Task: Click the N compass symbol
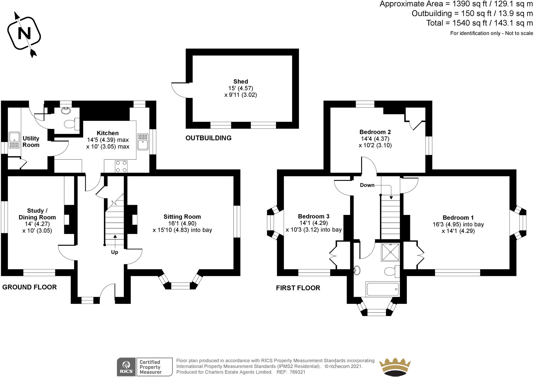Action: (24, 34)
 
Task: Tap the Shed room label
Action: (241, 82)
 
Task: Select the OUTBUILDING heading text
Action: (208, 138)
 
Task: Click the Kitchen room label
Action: (108, 133)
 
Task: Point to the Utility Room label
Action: (31, 142)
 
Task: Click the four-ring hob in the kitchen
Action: (121, 166)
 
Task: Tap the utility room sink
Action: (14, 140)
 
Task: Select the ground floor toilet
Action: (72, 124)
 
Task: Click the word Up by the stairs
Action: (114, 252)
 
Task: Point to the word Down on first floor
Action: (367, 185)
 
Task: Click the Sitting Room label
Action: (182, 217)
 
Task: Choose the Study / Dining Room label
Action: (37, 214)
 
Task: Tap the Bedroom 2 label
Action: (375, 132)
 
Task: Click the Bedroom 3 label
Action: (314, 216)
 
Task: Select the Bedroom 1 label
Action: (458, 218)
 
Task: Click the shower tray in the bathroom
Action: (390, 252)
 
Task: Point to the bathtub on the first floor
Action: (383, 289)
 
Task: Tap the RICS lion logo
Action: (126, 367)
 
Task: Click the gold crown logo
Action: (395, 367)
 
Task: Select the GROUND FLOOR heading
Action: (29, 287)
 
